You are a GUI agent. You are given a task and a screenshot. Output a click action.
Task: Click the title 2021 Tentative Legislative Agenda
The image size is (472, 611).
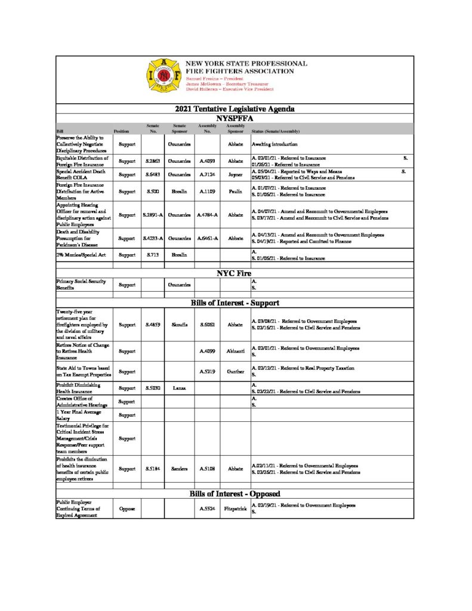pos(235,109)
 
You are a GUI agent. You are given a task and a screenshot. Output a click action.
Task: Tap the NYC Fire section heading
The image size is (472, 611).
pos(235,273)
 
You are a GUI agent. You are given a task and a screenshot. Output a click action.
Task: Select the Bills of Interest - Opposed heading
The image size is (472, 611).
pos(235,494)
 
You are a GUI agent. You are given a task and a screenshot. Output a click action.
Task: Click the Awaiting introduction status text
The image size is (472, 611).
pos(278,144)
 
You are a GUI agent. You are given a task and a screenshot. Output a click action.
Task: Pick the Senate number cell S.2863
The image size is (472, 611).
pos(153,161)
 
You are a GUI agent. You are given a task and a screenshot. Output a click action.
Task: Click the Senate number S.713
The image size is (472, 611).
pos(152,255)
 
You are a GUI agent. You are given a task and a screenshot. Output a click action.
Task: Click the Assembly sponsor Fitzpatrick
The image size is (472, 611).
pos(233,509)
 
